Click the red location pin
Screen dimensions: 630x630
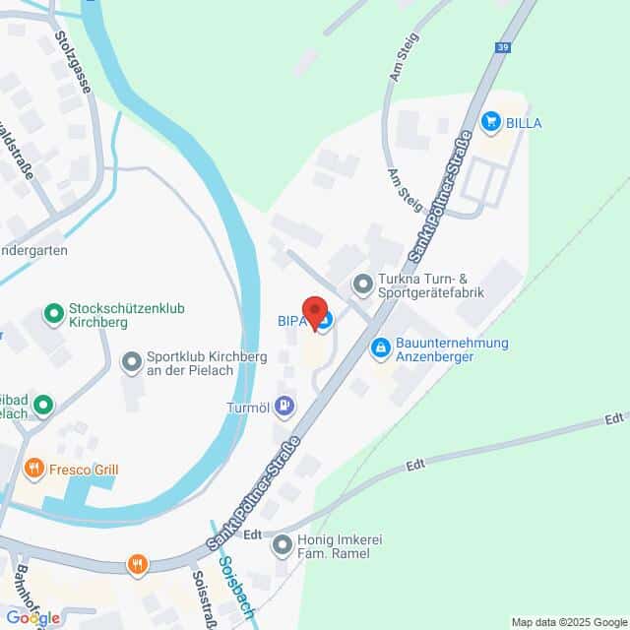(316, 312)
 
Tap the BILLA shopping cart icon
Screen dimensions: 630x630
(490, 121)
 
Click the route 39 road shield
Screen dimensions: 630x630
(504, 46)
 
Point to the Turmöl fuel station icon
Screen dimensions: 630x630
(284, 404)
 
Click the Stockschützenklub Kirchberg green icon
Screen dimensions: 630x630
(53, 314)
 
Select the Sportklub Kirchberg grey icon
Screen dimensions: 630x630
(131, 363)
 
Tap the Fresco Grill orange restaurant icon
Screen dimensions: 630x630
(34, 469)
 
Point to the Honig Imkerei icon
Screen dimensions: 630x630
(283, 542)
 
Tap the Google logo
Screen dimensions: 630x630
(31, 617)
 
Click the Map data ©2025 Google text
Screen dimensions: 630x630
(569, 621)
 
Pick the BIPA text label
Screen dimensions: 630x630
(291, 319)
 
